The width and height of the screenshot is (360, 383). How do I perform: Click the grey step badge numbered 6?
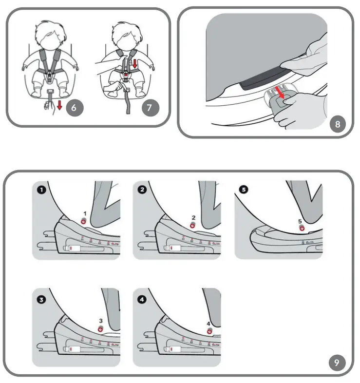click(74, 108)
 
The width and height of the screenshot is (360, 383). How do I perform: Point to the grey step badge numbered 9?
click(337, 363)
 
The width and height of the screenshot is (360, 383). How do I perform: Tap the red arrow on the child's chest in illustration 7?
click(135, 64)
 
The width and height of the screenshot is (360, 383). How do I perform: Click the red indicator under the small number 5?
click(301, 229)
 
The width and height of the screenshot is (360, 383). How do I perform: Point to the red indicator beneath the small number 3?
click(100, 329)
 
